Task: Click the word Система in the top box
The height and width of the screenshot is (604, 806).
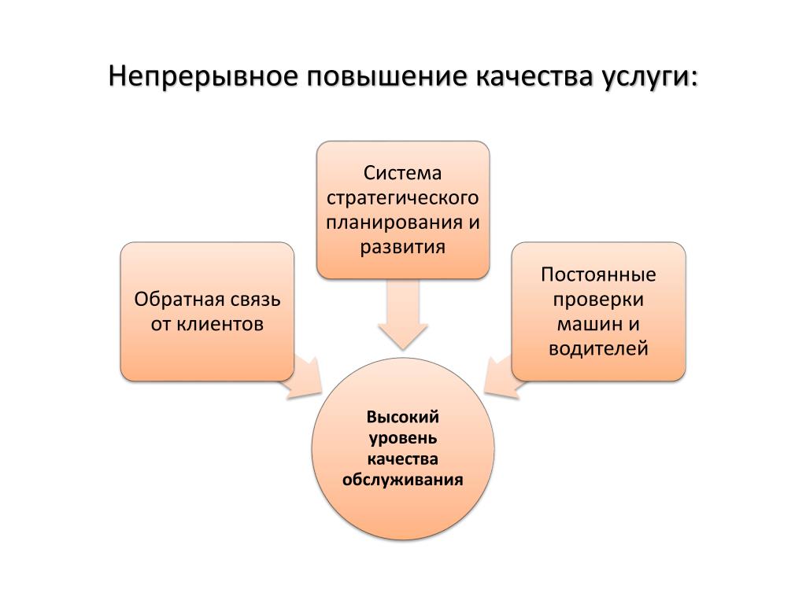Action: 403,171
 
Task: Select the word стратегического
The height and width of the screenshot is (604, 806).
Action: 403,196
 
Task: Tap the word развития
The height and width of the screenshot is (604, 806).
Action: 403,246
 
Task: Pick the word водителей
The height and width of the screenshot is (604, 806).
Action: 598,348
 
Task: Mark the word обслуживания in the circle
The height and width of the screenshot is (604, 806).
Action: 403,478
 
